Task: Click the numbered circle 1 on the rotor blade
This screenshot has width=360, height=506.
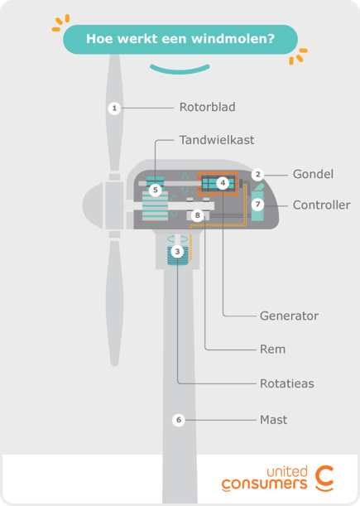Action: coord(115,108)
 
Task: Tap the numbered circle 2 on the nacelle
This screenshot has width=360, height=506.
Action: coord(258,175)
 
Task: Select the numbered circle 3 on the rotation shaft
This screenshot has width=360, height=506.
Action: coord(177,251)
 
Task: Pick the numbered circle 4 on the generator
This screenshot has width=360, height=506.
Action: coord(223,183)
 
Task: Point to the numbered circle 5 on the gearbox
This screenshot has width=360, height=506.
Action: coord(155,190)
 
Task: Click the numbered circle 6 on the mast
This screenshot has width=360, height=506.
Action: coord(178,420)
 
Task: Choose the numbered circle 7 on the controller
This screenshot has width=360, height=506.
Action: coord(257,205)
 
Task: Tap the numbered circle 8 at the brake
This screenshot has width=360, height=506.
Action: coord(196,216)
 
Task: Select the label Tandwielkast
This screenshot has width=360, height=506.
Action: coord(217,140)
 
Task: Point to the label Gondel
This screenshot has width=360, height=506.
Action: coord(313,174)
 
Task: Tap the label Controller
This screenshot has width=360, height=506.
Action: coord(321,205)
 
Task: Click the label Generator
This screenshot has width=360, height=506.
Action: coord(289,316)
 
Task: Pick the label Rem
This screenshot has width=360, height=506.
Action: coord(272,349)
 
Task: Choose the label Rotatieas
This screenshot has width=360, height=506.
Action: coord(286,383)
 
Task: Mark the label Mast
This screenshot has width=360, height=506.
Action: coord(273,420)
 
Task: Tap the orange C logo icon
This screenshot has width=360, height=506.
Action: coord(324,478)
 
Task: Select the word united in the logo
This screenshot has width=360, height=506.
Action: coord(283,469)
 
